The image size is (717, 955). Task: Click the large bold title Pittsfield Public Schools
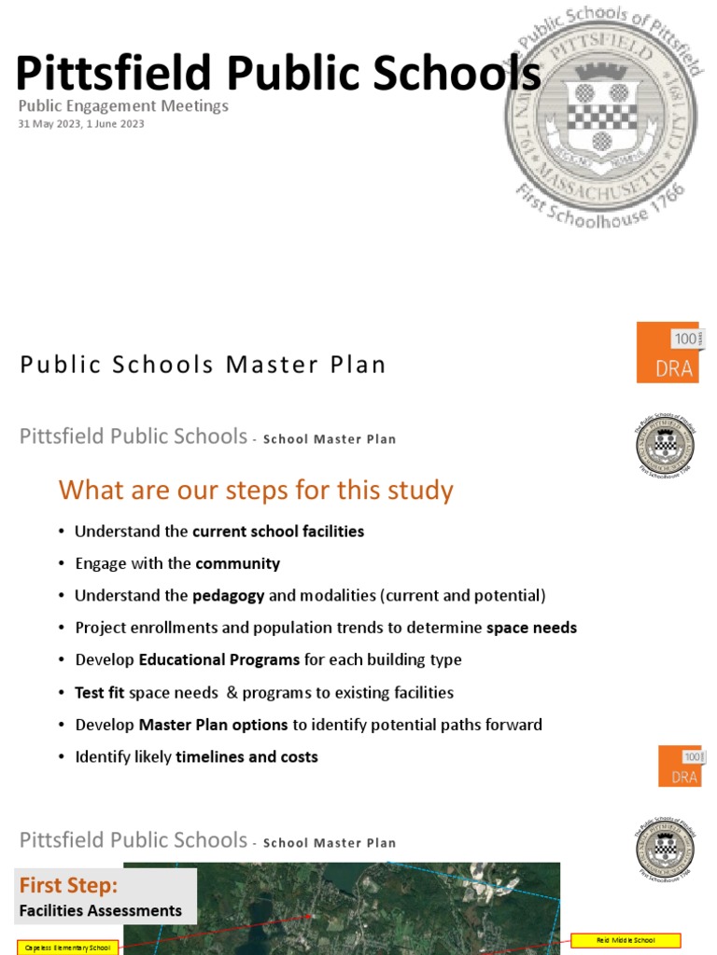point(278,73)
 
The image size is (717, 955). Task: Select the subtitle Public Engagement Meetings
point(123,106)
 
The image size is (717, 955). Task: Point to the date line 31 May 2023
point(81,124)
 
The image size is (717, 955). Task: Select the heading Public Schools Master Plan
point(203,365)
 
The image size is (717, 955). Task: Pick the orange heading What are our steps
point(255,491)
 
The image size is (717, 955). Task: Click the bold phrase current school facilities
point(277,532)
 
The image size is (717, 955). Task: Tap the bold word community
point(237,563)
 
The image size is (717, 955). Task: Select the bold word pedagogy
point(228,595)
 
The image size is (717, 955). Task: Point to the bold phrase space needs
point(531,628)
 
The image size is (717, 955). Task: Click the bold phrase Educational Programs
point(219,659)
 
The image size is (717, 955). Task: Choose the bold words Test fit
point(100,692)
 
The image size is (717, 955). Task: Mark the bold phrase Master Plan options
point(214,725)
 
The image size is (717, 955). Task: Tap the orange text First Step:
point(69,885)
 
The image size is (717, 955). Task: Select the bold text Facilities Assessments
point(101,910)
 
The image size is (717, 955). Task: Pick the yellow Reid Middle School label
point(626,940)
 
